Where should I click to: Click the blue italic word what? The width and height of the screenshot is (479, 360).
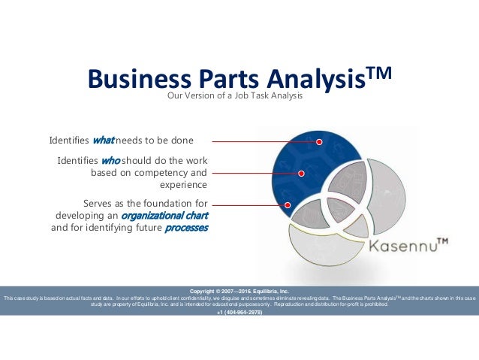coord(103,141)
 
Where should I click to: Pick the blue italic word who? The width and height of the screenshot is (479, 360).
coord(110,160)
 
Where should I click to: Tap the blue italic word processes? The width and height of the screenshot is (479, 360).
coord(186,228)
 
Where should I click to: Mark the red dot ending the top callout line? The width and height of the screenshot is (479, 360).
coord(319,141)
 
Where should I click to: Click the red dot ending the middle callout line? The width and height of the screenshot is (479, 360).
coord(301,173)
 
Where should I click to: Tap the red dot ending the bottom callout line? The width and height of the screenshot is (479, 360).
coord(287,204)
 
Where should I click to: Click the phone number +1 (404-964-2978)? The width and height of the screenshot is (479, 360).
coord(239,312)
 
